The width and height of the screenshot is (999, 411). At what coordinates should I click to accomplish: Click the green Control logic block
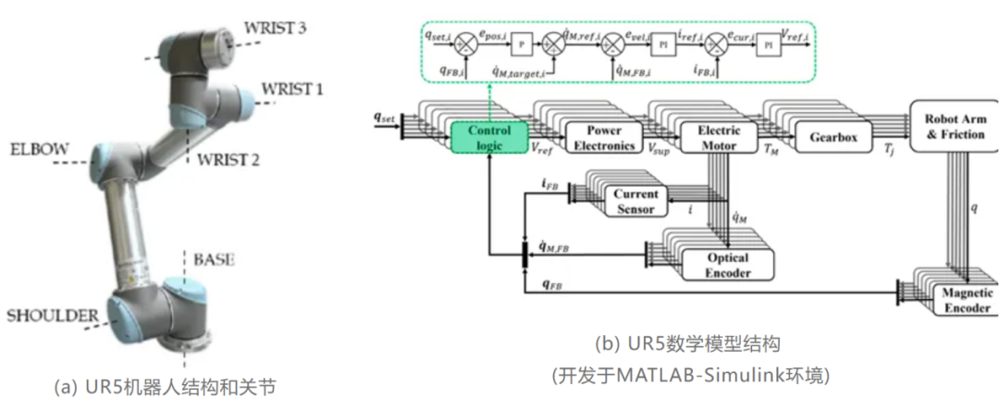pyautogui.click(x=489, y=137)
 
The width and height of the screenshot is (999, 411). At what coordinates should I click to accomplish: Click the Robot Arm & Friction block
pyautogui.click(x=954, y=127)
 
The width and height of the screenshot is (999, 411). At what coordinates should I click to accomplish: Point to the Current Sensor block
pyautogui.click(x=635, y=201)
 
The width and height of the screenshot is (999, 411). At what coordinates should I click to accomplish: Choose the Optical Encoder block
pyautogui.click(x=727, y=265)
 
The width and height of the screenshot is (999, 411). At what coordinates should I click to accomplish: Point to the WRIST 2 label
pyautogui.click(x=228, y=159)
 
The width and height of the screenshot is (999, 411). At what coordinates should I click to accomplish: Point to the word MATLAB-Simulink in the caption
pyautogui.click(x=672, y=375)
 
